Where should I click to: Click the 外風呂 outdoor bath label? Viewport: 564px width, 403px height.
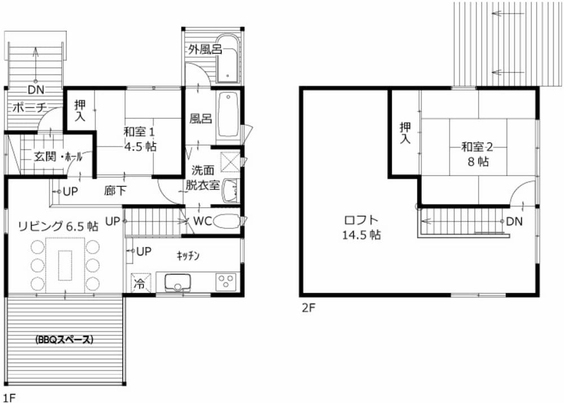[205, 49]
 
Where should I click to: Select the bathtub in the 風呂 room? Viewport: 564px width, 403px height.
[228, 114]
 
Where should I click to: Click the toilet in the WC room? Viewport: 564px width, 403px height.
[227, 221]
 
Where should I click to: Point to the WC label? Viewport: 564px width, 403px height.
[202, 221]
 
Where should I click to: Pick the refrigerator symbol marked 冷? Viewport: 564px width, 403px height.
[139, 283]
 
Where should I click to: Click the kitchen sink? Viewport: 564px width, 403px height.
[178, 282]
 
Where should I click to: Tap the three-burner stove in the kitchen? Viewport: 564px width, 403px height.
[226, 281]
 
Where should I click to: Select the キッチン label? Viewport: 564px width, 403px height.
[188, 256]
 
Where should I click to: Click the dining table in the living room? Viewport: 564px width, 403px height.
[65, 265]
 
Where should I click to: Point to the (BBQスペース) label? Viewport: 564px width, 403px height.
[65, 339]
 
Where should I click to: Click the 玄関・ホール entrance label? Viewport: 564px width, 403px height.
[58, 157]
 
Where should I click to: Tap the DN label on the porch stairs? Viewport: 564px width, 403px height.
[36, 90]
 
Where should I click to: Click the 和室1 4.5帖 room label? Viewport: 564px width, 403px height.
[139, 139]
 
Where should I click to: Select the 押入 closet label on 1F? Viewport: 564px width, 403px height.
[80, 110]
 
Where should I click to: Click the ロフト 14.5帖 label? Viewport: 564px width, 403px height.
[362, 227]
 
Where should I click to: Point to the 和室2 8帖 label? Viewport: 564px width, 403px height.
[478, 154]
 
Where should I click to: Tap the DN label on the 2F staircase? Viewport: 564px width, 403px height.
[514, 222]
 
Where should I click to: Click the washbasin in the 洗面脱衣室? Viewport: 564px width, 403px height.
[230, 191]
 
